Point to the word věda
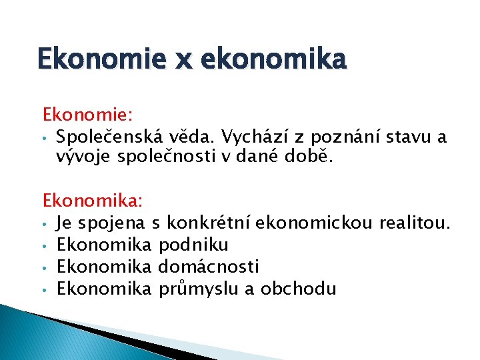[x=195, y=138]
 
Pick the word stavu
[x=401, y=138]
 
